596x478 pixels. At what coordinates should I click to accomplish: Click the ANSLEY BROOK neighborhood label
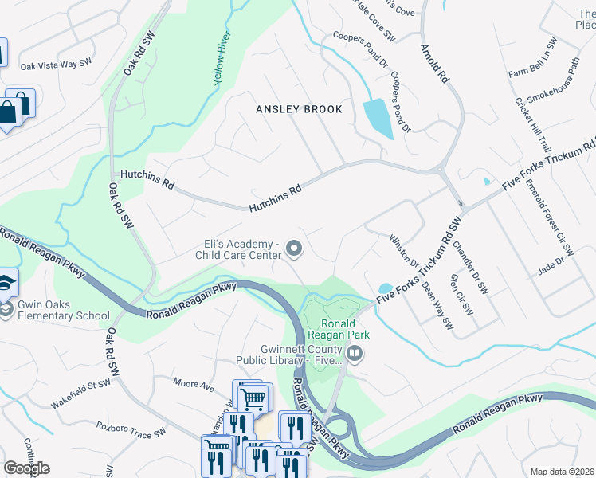[299, 109]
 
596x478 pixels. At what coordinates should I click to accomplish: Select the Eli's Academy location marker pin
[295, 250]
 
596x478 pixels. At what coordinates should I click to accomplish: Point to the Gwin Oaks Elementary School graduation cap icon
[6, 284]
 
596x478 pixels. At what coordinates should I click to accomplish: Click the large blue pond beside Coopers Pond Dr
[377, 119]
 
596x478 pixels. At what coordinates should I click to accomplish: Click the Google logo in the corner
[27, 468]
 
